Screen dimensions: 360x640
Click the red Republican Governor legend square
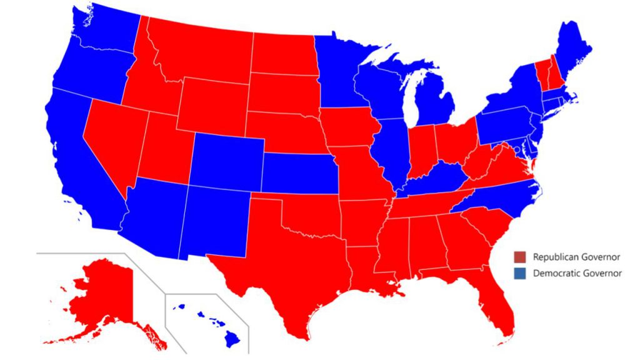[x=519, y=257]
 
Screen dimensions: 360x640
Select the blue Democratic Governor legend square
[x=519, y=273]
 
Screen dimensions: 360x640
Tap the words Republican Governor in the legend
[x=567, y=257]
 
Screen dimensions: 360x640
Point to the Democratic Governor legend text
[x=568, y=273]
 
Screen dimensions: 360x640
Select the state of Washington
[x=103, y=31]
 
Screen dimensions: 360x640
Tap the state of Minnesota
[x=337, y=69]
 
